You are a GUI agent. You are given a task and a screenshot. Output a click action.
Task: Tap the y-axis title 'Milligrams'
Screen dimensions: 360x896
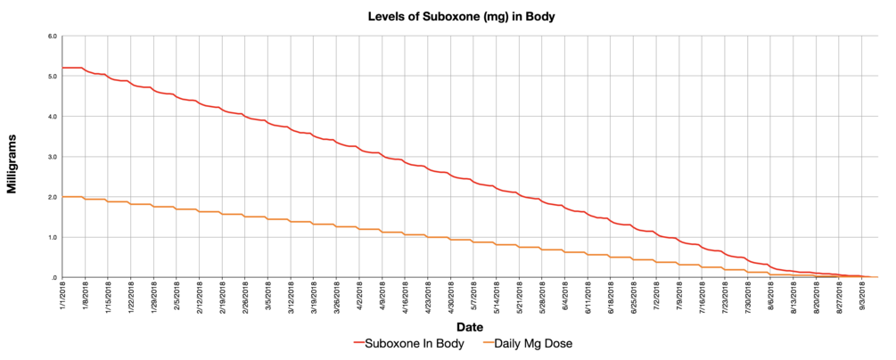coord(12,157)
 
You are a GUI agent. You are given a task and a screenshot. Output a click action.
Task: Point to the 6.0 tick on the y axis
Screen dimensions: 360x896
coord(53,37)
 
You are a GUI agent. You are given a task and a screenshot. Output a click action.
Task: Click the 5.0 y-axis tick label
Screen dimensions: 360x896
coord(53,77)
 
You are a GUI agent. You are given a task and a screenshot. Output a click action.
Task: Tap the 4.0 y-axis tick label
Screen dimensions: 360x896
coord(53,117)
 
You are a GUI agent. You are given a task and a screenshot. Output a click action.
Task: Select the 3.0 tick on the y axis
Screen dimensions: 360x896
coord(53,157)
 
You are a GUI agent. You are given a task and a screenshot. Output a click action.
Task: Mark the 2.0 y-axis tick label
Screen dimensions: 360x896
coord(53,197)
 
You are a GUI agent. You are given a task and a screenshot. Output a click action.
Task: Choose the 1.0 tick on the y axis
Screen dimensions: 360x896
coord(53,237)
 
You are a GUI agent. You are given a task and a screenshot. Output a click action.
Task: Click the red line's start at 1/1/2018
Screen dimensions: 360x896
coord(62,68)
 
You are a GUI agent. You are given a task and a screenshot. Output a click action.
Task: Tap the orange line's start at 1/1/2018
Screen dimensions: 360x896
coord(62,197)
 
